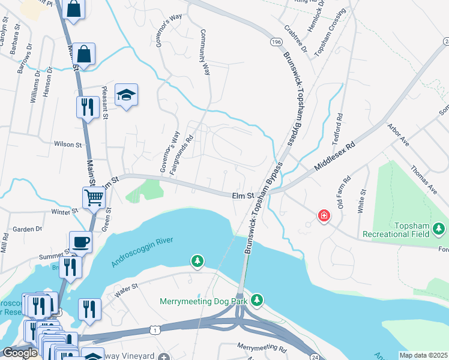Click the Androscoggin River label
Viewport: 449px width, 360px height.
coord(142,251)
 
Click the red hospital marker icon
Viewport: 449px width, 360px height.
coord(324,215)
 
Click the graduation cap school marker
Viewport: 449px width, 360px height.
coord(126,95)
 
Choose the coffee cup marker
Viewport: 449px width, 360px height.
coord(80,242)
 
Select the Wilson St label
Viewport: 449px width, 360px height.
coord(67,145)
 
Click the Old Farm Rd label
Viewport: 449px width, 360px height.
coord(343,193)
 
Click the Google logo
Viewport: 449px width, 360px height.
coord(20,353)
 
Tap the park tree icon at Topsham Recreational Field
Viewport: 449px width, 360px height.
coord(439,229)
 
